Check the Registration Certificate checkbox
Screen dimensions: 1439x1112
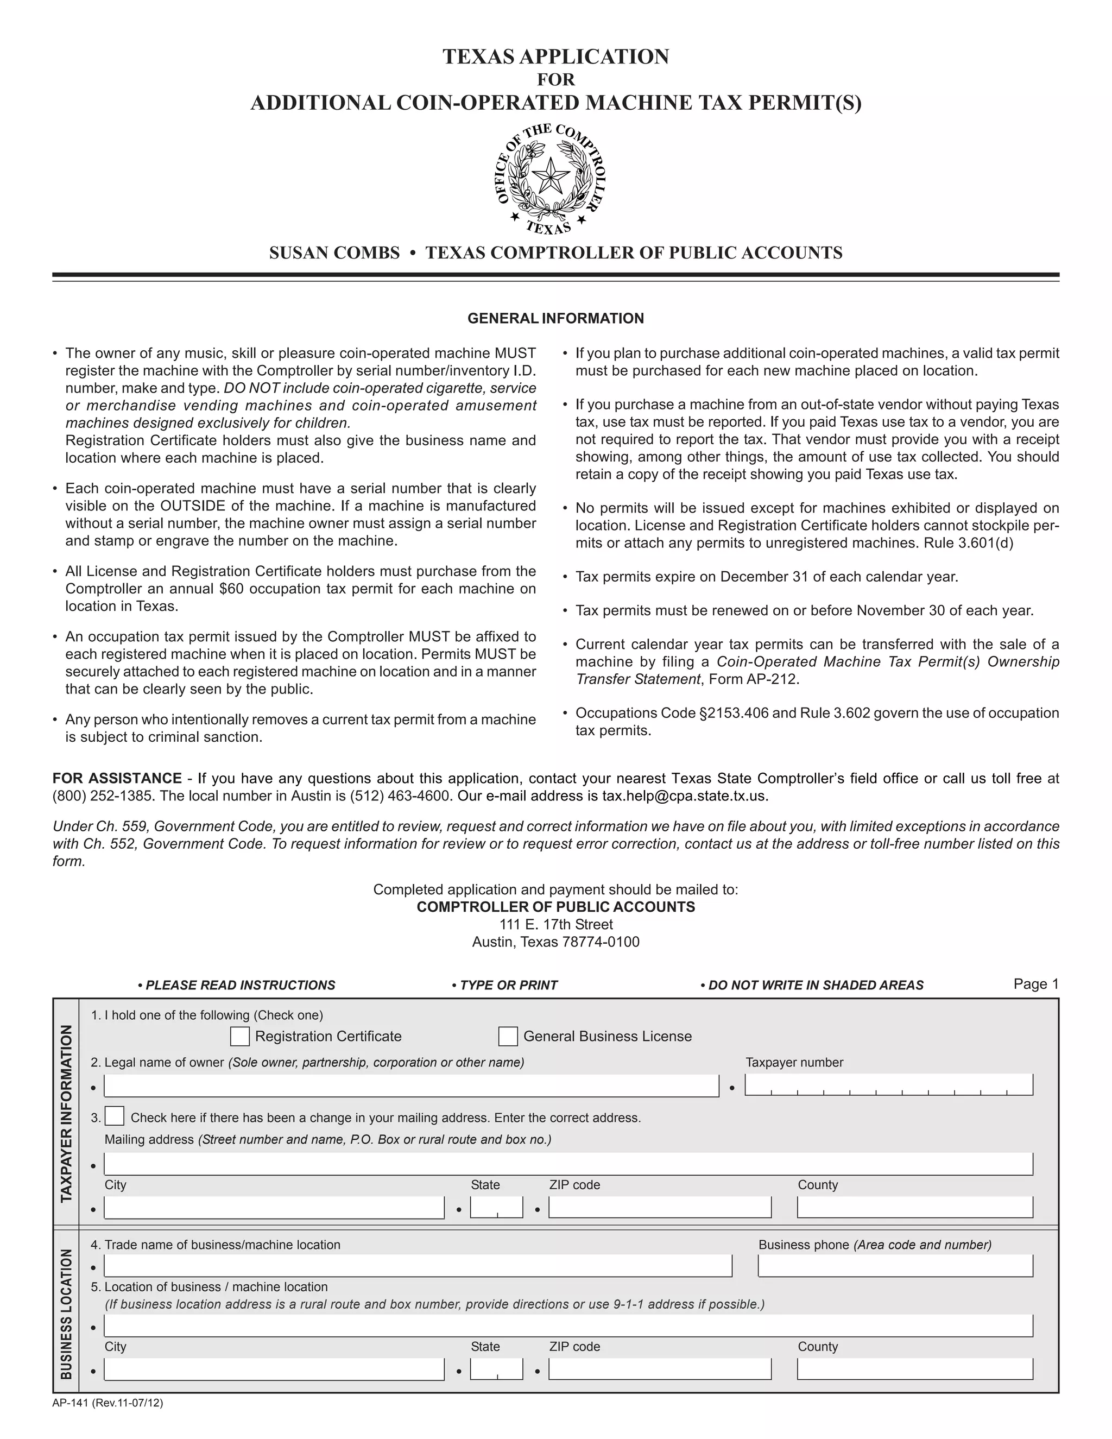point(240,1037)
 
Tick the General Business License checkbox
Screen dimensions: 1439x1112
point(508,1037)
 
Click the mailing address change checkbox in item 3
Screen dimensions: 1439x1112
point(115,1116)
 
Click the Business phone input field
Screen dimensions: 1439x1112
point(895,1266)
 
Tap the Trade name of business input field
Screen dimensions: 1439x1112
point(418,1266)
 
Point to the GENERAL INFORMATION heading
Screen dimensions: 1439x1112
point(555,318)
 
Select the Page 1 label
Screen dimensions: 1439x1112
point(1035,984)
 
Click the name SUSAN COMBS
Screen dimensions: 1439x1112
point(334,253)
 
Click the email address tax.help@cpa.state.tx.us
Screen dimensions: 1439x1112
point(684,796)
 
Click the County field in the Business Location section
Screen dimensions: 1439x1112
point(914,1369)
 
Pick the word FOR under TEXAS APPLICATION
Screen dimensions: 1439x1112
point(555,80)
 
